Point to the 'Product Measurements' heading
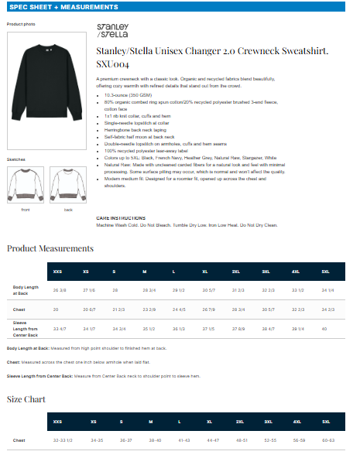50,248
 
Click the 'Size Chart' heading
26,399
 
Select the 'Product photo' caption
21,25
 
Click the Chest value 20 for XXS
56,309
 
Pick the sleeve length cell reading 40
324,329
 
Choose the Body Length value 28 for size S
115,289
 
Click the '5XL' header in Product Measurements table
325,272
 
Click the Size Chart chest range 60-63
327,440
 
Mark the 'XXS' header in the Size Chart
57,422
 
